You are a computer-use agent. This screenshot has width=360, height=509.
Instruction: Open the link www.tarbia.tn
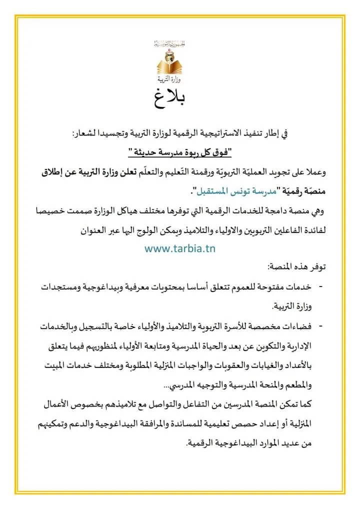point(180,248)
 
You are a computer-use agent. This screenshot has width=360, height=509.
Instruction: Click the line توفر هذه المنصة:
point(290,267)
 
